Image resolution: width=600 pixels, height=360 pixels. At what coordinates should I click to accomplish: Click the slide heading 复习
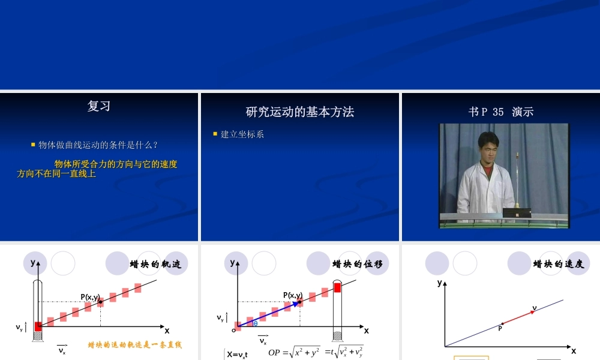(99, 106)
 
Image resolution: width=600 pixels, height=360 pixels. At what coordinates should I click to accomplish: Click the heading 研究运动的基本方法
(300, 112)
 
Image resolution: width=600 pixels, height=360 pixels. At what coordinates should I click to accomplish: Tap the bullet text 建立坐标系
(242, 134)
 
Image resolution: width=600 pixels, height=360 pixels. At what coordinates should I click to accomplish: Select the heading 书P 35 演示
(500, 112)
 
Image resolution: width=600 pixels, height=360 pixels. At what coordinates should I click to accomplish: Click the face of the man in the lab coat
(488, 148)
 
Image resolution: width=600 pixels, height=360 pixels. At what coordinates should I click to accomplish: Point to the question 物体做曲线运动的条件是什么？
(98, 145)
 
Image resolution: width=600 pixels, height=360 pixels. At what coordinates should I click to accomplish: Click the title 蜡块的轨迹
(155, 264)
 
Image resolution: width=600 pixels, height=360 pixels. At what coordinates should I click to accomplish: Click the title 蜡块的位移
(358, 264)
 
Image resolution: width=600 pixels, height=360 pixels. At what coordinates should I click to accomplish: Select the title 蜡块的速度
(559, 264)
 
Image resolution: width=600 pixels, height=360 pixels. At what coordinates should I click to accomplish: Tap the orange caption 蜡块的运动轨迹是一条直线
(134, 345)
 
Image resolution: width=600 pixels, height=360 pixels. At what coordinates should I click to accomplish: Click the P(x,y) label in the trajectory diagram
(90, 297)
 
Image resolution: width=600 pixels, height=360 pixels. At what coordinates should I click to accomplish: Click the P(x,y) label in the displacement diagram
(293, 295)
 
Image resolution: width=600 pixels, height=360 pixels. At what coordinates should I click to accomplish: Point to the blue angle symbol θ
(256, 323)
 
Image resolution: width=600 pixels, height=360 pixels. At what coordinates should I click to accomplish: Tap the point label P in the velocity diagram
(500, 328)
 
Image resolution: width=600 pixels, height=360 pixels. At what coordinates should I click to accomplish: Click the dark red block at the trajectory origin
(38, 326)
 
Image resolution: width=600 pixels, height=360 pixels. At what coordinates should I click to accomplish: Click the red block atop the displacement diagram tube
(337, 287)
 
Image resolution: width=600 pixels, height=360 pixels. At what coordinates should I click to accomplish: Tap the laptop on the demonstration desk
(517, 212)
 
